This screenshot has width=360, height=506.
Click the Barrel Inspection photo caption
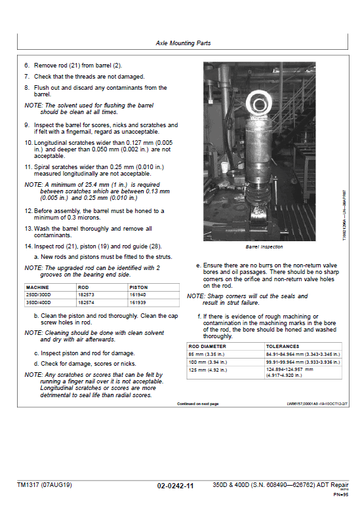(264, 247)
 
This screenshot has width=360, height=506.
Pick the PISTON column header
(138, 287)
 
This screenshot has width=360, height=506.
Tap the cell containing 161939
(138, 303)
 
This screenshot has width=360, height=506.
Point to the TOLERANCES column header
(283, 346)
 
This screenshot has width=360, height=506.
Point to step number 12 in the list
(28, 210)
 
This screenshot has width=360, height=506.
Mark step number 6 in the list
(28, 66)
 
